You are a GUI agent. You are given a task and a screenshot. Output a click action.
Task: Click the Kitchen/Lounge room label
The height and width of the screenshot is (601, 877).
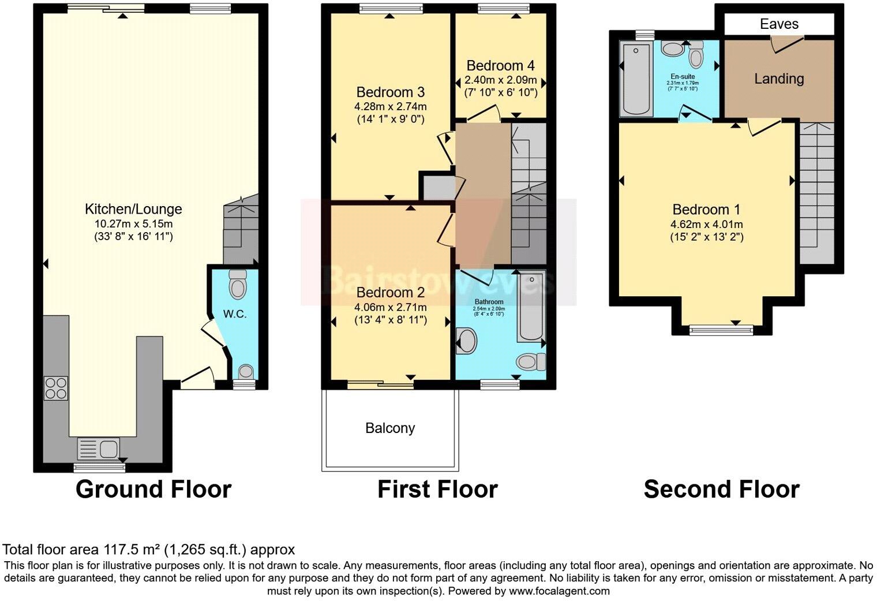(133, 209)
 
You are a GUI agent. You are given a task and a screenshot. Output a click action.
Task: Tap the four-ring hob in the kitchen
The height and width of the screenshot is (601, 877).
(56, 388)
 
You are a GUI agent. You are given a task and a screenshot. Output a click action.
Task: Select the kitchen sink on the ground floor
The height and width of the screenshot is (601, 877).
(99, 449)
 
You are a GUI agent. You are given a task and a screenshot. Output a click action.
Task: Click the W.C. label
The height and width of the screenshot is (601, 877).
(235, 314)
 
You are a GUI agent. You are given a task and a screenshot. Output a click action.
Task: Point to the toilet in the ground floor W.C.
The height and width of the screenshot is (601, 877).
(237, 284)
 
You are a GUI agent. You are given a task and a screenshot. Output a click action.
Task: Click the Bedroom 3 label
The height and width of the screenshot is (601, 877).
(390, 92)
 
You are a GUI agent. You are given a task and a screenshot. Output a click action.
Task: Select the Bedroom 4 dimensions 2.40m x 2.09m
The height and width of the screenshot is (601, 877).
(501, 80)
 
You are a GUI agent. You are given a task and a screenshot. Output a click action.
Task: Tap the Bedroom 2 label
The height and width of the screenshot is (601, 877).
(390, 292)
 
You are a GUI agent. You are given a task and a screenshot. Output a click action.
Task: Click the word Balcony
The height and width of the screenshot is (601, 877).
(390, 428)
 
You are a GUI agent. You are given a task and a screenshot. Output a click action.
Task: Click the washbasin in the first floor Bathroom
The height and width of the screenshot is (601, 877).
(466, 341)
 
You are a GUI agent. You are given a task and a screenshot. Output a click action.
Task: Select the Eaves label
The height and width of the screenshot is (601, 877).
(779, 24)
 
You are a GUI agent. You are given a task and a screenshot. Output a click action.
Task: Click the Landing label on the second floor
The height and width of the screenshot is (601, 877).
(779, 79)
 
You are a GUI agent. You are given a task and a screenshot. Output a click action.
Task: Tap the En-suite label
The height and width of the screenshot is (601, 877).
(683, 76)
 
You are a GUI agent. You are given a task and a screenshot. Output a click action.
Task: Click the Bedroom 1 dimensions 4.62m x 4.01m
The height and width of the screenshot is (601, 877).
(706, 225)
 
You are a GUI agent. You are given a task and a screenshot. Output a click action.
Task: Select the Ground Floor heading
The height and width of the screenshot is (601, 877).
(153, 489)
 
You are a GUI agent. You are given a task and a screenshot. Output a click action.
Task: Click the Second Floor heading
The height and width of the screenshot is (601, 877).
(721, 489)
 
